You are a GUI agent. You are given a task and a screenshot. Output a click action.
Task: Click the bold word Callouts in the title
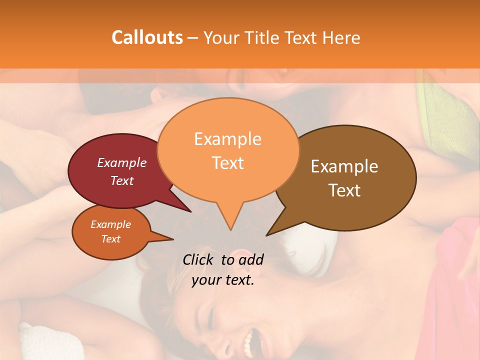(147, 37)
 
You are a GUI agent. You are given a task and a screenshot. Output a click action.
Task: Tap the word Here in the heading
(340, 37)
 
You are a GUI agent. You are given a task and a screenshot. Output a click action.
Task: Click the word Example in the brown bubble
(344, 166)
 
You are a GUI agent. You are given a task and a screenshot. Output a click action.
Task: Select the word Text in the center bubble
(227, 163)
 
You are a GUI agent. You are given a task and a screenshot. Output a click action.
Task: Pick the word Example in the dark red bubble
(122, 162)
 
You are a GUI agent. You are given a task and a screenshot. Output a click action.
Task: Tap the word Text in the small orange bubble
(110, 239)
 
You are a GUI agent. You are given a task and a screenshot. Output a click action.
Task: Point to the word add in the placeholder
(250, 259)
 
